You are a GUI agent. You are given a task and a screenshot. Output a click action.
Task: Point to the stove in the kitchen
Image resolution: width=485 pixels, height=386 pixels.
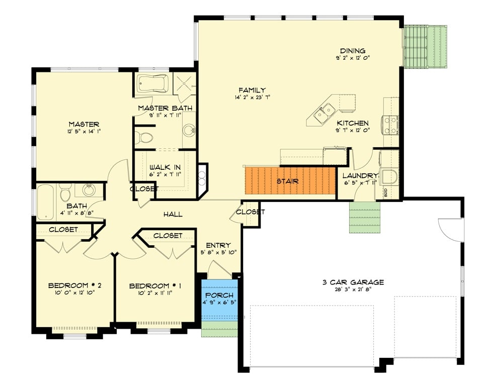point(391,125)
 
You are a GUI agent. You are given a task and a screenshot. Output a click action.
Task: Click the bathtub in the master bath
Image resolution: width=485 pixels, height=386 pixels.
point(153,83)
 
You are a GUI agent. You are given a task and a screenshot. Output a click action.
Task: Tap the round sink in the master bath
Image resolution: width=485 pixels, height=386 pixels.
point(189,130)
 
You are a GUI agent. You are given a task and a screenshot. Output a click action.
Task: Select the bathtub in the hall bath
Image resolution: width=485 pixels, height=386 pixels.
point(45,202)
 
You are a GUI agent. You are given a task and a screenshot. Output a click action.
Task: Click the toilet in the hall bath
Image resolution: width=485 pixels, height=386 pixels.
point(65,193)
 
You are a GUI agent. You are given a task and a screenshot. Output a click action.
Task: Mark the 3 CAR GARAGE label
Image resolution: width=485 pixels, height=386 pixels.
point(353,282)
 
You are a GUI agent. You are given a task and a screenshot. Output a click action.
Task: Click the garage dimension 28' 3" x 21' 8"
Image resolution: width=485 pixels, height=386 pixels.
point(353,290)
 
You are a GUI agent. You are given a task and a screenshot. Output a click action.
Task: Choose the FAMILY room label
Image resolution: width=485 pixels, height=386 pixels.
point(252,90)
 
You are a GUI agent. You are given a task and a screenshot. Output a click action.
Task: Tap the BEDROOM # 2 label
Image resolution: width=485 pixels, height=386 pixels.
point(74,286)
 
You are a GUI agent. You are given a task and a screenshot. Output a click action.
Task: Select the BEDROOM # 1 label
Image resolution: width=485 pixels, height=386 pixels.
point(155,286)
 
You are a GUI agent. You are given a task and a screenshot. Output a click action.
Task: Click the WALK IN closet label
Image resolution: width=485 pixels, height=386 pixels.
point(165,168)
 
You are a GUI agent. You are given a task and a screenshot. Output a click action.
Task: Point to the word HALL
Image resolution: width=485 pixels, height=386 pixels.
point(173,215)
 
